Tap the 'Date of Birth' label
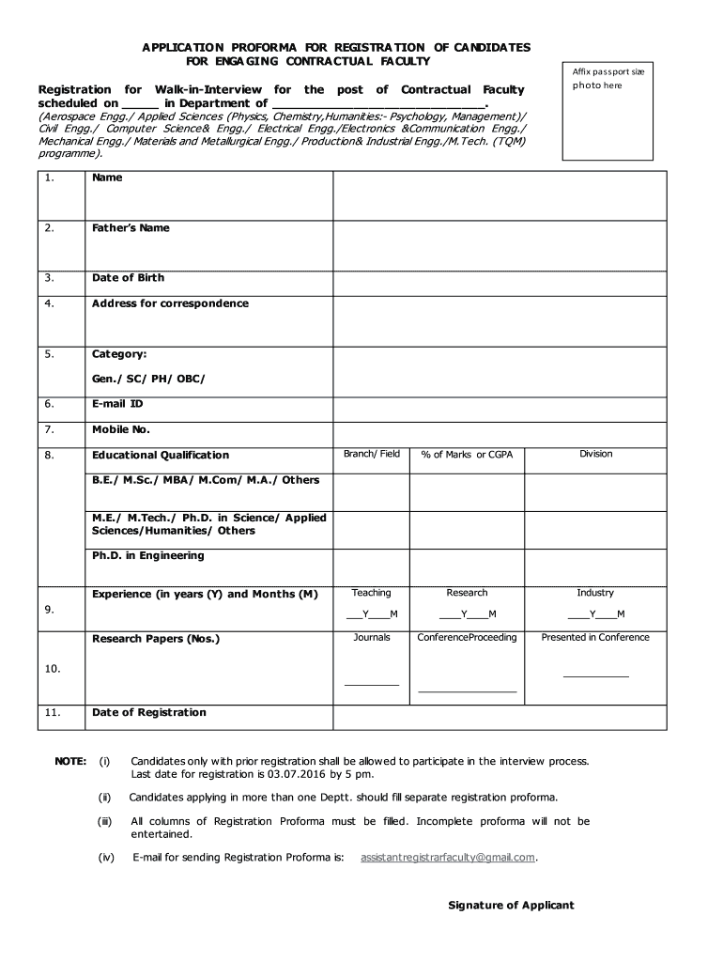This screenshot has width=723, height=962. pyautogui.click(x=128, y=278)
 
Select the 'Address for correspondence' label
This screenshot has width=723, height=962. pyautogui.click(x=170, y=303)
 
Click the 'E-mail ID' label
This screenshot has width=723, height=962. pyautogui.click(x=117, y=404)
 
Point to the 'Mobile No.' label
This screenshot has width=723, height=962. pyautogui.click(x=121, y=429)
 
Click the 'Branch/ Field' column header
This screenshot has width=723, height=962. pyautogui.click(x=372, y=454)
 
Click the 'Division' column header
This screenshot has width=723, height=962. pyautogui.click(x=595, y=454)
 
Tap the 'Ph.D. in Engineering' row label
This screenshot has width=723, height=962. pyautogui.click(x=147, y=556)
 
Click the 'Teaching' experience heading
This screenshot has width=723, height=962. pyautogui.click(x=372, y=593)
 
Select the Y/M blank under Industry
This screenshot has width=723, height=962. pyautogui.click(x=595, y=615)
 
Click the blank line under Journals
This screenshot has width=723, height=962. pyautogui.click(x=372, y=682)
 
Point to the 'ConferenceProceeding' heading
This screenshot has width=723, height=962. pyautogui.click(x=467, y=638)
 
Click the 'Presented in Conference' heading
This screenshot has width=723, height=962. pyautogui.click(x=595, y=638)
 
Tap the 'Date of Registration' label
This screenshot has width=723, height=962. pyautogui.click(x=148, y=713)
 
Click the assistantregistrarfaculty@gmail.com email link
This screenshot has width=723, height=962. pyautogui.click(x=448, y=857)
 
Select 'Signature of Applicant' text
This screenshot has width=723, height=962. pyautogui.click(x=511, y=906)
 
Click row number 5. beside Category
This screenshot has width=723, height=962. pyautogui.click(x=49, y=354)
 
